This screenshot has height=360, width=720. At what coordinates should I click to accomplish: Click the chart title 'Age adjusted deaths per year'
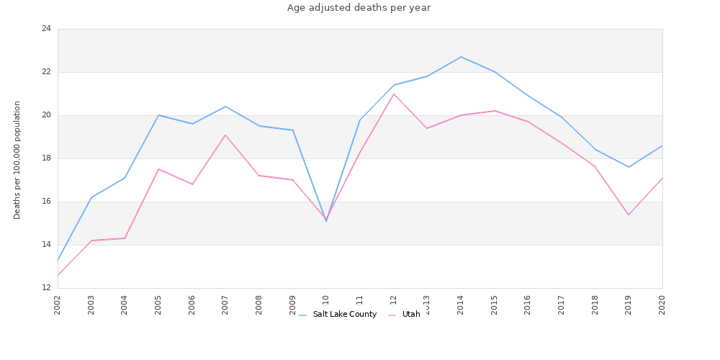(x=359, y=8)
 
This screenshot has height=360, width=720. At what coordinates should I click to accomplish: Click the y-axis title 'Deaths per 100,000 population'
(x=17, y=160)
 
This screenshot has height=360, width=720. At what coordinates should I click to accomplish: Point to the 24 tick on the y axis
(x=47, y=29)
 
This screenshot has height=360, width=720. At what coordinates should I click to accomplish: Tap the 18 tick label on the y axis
(x=47, y=158)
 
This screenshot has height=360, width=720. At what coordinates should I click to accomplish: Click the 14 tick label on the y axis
(x=47, y=245)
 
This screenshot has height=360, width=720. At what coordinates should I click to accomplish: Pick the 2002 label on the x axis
(x=58, y=305)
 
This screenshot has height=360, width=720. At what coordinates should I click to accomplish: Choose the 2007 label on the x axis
(x=225, y=305)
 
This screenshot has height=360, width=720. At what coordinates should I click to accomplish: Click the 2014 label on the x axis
(x=461, y=305)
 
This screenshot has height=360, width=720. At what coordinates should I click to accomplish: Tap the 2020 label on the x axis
(x=662, y=305)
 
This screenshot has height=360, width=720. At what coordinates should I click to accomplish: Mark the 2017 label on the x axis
(x=562, y=305)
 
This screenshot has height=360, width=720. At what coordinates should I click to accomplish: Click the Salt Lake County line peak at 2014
(x=461, y=57)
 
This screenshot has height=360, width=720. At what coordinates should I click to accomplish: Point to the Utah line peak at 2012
(x=394, y=94)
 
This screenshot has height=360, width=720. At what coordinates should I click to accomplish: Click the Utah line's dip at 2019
(x=629, y=215)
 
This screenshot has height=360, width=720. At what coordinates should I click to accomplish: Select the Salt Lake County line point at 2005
(x=158, y=115)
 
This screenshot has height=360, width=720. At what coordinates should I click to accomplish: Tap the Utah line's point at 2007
(x=225, y=135)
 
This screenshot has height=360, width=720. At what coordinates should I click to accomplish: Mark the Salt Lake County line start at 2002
(x=58, y=260)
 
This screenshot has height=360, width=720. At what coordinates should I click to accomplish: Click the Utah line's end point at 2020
(x=662, y=178)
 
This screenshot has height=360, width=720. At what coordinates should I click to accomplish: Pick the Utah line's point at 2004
(x=125, y=238)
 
